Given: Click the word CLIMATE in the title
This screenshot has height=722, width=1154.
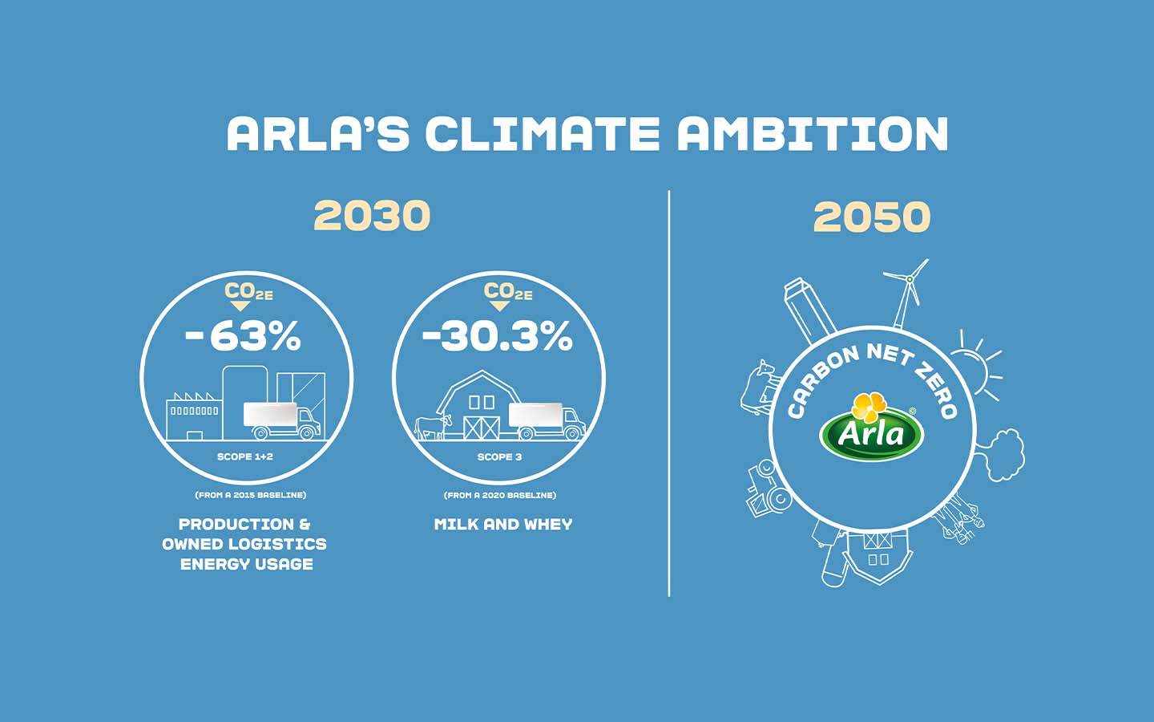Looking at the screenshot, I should click(x=542, y=134).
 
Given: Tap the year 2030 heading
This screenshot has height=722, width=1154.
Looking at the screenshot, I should click(x=372, y=216).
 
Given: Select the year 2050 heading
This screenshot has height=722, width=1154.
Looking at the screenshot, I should click(x=872, y=217).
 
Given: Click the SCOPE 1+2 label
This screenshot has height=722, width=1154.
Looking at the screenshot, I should click(x=245, y=456).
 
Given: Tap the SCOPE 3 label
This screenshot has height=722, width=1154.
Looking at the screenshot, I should click(x=499, y=456).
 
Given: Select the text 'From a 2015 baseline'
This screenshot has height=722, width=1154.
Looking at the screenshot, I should click(x=250, y=495).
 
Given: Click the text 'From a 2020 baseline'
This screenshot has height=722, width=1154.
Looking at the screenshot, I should click(x=500, y=495).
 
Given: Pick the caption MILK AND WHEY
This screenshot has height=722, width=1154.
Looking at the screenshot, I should click(x=503, y=525).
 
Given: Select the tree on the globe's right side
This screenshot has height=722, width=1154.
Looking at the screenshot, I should click(x=1003, y=454).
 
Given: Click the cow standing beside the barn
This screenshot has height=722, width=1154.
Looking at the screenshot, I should click(x=434, y=426).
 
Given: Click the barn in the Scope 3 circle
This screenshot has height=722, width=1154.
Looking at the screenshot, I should click(x=481, y=406).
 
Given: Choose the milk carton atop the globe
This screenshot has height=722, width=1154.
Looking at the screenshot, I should click(x=808, y=308).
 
